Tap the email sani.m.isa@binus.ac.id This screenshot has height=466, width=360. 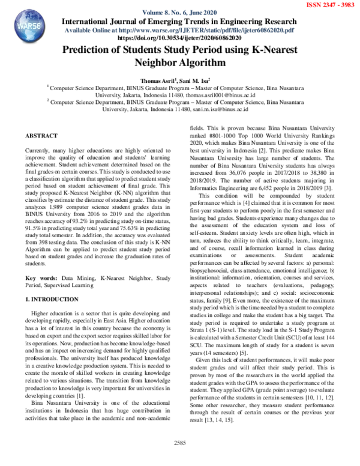point(229,109)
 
